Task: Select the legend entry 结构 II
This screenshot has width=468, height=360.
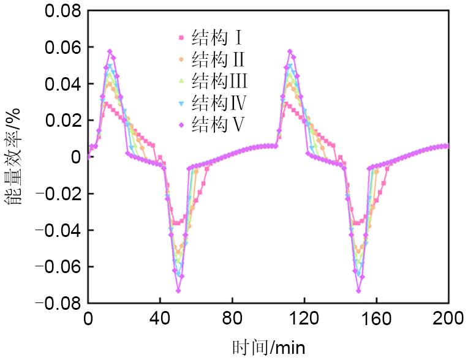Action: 218,59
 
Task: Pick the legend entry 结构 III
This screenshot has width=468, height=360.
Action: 219,80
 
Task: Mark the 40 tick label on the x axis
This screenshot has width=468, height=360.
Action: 160,320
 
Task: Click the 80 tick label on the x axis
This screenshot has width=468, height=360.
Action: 232,320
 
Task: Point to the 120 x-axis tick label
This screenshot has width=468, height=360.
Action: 304,320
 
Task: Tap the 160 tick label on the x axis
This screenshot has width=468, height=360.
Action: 377,320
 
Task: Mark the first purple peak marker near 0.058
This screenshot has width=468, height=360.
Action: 110,51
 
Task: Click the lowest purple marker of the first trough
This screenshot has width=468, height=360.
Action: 178,290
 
